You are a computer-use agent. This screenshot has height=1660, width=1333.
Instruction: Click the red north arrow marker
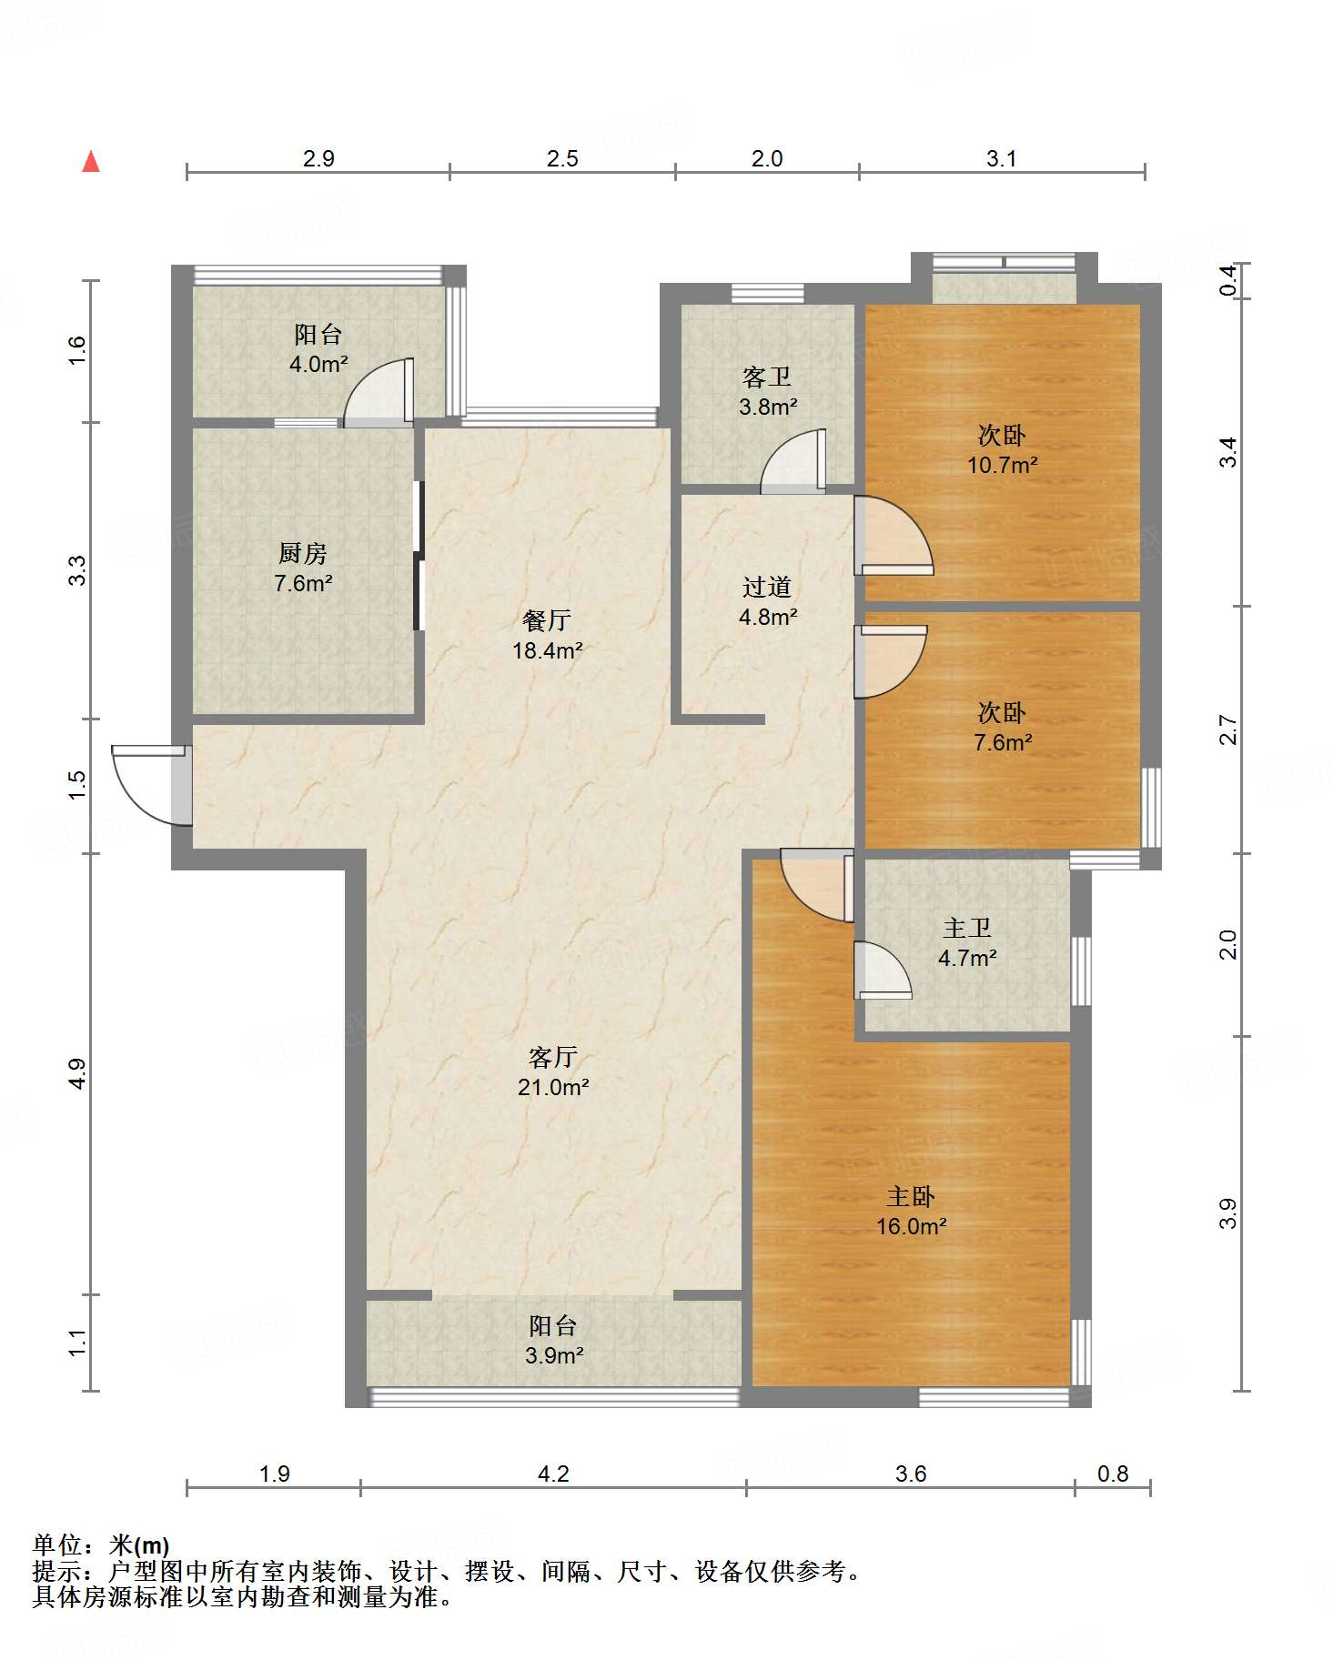point(91,161)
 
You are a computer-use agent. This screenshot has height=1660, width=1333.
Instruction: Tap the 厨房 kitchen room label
point(303,552)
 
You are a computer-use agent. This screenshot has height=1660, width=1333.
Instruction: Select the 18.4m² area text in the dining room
point(548,650)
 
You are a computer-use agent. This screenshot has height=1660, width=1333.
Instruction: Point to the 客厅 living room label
point(553,1057)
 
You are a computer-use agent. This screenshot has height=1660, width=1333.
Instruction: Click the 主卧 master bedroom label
point(912,1196)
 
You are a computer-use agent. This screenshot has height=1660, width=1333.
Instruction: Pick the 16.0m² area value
point(912,1226)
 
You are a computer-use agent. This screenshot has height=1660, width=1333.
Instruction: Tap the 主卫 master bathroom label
point(967,928)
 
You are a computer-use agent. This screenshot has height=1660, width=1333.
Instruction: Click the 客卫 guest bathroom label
point(767,377)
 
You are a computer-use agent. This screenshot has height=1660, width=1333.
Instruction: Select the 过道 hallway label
point(767,587)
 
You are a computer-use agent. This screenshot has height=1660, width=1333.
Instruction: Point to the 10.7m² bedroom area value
point(1003,465)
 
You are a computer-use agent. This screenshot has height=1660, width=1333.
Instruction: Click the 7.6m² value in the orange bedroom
point(1003,742)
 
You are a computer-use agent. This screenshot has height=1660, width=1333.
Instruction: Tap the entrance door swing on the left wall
point(151,785)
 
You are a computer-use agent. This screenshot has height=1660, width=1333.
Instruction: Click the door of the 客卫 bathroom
point(793,461)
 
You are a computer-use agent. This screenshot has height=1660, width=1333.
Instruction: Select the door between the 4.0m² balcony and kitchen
point(378,392)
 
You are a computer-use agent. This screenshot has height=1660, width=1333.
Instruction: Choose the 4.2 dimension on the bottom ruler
point(553,1474)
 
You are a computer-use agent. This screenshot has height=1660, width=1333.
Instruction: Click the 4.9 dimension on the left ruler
point(77,1073)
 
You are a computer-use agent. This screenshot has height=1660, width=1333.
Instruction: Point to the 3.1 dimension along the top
point(1002,158)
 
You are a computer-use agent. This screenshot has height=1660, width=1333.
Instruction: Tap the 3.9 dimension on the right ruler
point(1228,1213)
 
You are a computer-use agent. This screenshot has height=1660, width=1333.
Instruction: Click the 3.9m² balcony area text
point(554,1355)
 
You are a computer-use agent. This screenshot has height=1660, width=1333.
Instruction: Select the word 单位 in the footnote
point(57,1544)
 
